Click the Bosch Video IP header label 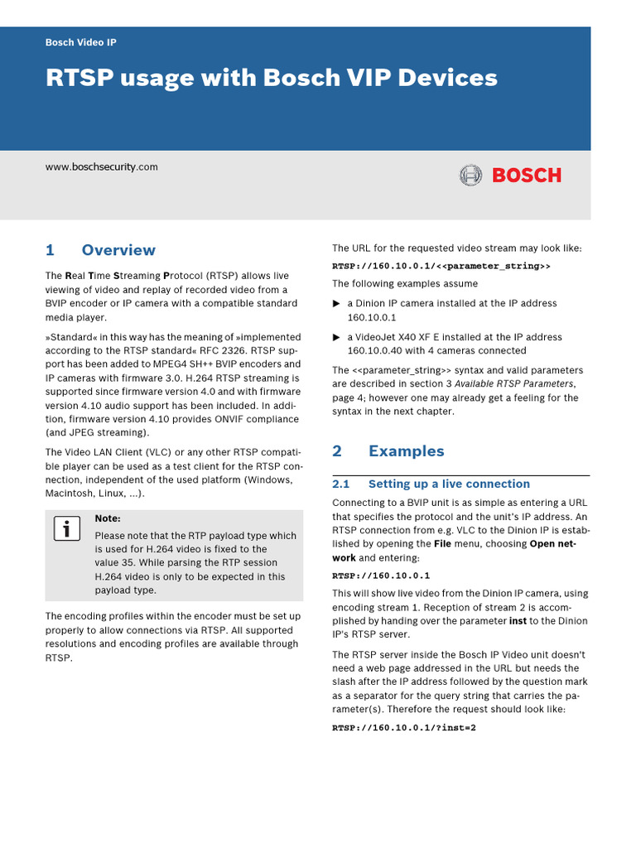pyautogui.click(x=80, y=42)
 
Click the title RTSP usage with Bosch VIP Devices pyautogui.click(x=271, y=78)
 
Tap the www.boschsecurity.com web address pyautogui.click(x=101, y=166)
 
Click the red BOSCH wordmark pyautogui.click(x=527, y=176)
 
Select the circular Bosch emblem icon pyautogui.click(x=470, y=176)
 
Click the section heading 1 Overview pyautogui.click(x=100, y=250)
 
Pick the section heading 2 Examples pyautogui.click(x=388, y=450)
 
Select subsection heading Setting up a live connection pyautogui.click(x=449, y=484)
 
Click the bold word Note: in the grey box pyautogui.click(x=108, y=518)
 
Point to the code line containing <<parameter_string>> pyautogui.click(x=441, y=266)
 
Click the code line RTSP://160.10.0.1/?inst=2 pyautogui.click(x=404, y=728)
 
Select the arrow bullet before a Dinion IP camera pyautogui.click(x=336, y=304)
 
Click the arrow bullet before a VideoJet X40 pyautogui.click(x=336, y=338)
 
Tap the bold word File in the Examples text pyautogui.click(x=444, y=544)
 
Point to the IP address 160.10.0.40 pyautogui.click(x=377, y=350)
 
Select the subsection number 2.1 pyautogui.click(x=341, y=484)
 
